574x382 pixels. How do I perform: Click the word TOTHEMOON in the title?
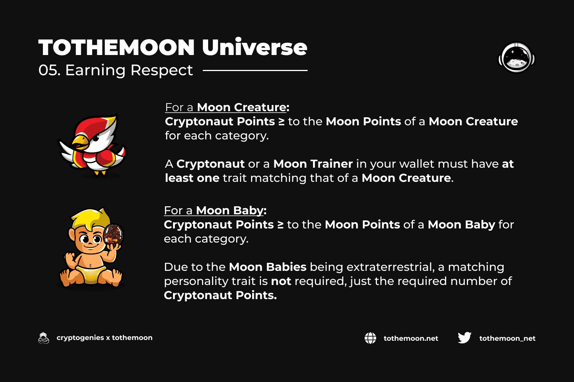116,48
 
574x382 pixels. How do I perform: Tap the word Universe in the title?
254,47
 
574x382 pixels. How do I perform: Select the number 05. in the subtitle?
49,70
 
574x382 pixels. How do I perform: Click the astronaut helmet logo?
517,57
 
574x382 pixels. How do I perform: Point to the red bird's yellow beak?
80,142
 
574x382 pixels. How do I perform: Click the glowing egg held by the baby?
113,235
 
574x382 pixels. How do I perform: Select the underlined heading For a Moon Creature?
227,107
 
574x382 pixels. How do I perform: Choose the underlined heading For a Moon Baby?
215,210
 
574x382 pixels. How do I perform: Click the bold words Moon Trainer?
313,164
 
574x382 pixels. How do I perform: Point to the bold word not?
281,281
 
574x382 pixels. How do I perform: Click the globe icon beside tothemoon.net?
370,338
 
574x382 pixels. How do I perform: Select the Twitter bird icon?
464,338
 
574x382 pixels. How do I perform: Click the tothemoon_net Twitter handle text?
507,338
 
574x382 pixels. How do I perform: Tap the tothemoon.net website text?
411,338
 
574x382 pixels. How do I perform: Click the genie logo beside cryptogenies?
44,338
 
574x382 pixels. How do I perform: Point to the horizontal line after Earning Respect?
255,70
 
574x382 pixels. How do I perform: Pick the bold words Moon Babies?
267,267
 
